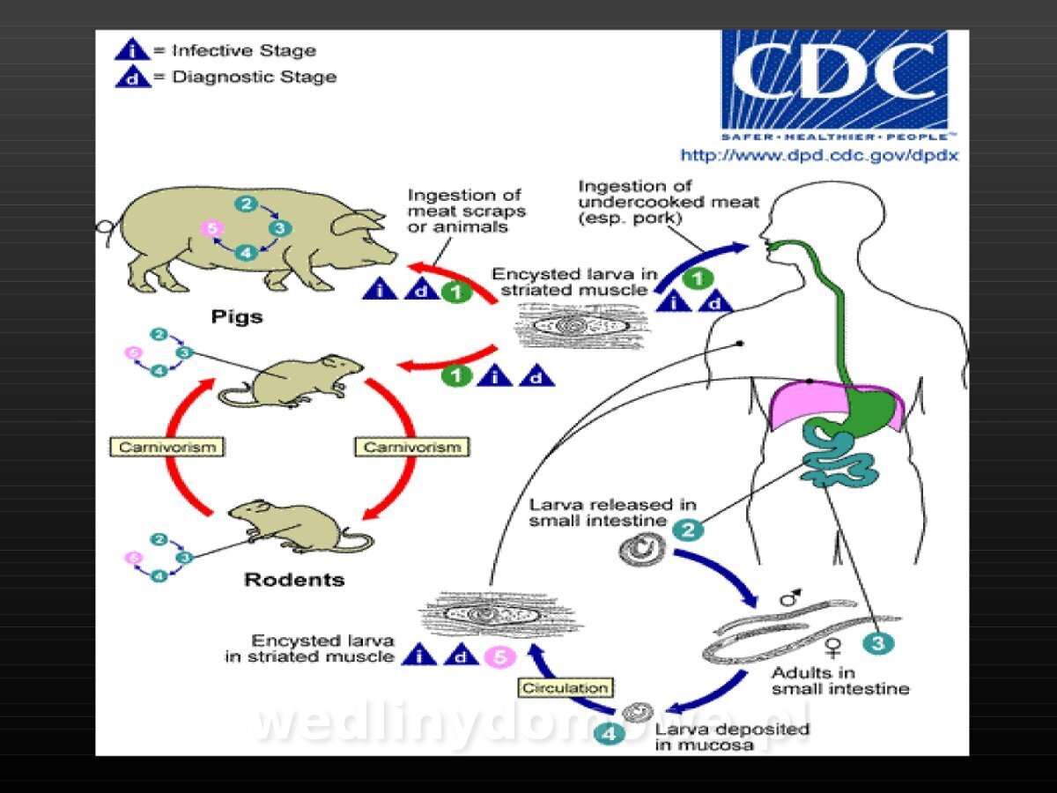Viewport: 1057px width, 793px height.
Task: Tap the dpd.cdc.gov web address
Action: pos(819,156)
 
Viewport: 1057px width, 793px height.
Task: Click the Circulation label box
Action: pos(565,687)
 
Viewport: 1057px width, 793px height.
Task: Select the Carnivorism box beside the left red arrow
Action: pos(167,447)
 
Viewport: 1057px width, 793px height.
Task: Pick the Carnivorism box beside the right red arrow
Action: pos(412,447)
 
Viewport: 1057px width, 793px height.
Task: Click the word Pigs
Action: pos(237,317)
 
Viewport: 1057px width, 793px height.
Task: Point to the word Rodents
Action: pos(294,580)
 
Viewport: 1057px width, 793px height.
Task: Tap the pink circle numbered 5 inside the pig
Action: pos(212,227)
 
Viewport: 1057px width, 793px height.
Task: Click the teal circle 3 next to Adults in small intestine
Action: pos(878,644)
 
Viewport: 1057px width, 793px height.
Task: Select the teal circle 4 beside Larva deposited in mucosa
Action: pos(609,735)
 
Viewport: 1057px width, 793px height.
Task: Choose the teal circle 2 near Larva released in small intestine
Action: pos(688,530)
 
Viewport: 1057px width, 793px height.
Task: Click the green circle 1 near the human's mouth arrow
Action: pos(698,278)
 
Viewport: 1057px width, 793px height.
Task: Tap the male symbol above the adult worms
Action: pos(791,597)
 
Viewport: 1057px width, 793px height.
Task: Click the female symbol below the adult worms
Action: pos(832,647)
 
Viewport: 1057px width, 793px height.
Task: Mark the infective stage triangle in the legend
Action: pos(132,49)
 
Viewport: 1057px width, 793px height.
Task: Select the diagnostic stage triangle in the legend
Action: pos(132,77)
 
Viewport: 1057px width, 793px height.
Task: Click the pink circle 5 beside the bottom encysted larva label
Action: pos(500,656)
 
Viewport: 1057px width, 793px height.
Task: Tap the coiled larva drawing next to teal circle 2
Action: pos(642,549)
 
